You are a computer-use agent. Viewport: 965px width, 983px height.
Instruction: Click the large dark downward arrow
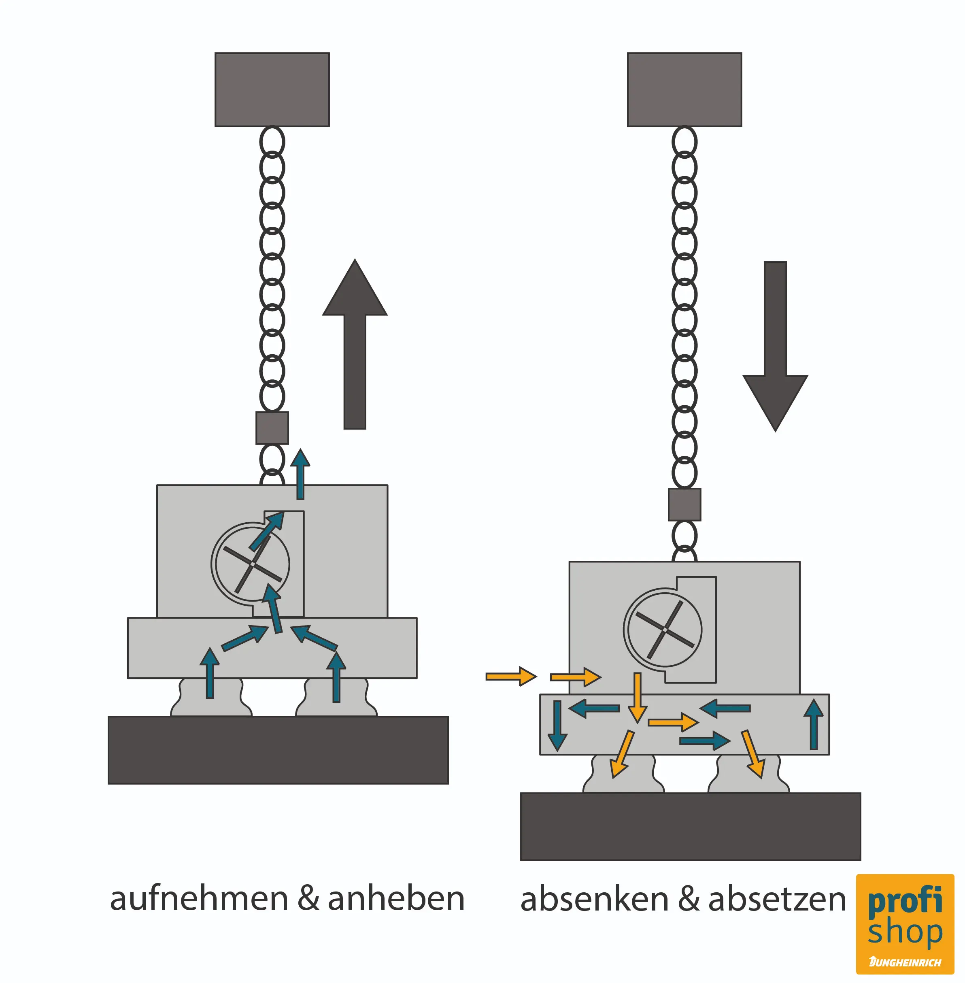point(775,345)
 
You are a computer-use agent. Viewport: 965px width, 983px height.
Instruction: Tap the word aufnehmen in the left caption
point(199,899)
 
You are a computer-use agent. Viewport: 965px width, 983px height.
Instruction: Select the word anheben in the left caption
point(396,899)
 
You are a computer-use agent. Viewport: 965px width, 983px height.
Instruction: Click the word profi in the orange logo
point(905,901)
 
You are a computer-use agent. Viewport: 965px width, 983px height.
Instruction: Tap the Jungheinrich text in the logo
point(905,962)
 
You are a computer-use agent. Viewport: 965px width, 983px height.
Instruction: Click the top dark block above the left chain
point(272,89)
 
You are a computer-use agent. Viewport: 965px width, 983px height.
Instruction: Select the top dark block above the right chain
point(684,89)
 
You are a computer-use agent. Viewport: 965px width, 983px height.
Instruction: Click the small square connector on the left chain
point(272,428)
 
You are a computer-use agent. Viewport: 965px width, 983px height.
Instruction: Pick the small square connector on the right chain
point(684,504)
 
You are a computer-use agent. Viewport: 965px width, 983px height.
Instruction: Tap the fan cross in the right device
point(665,630)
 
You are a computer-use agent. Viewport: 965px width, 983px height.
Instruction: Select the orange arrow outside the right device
point(510,676)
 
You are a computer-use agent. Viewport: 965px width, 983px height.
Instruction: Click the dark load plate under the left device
point(278,750)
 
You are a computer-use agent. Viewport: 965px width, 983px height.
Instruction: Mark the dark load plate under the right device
point(690,826)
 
